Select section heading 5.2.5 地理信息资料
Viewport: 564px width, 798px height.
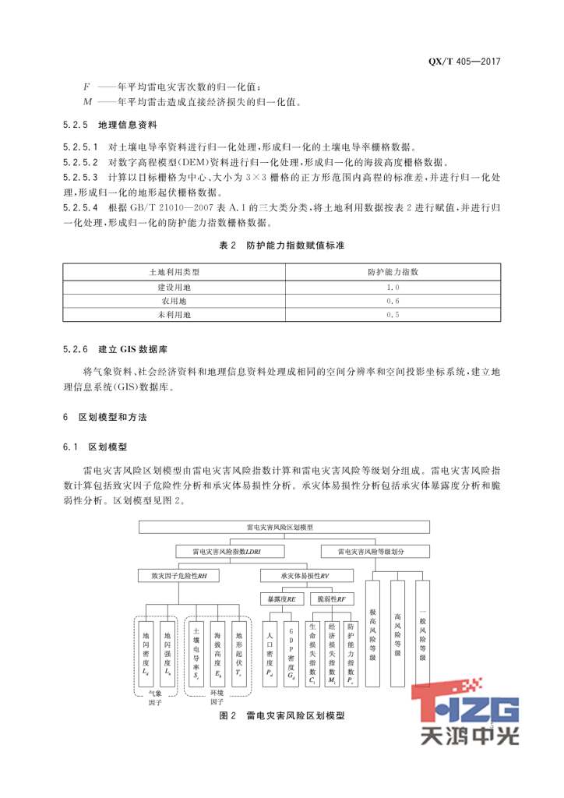[110, 125]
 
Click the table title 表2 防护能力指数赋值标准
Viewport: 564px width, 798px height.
[281, 245]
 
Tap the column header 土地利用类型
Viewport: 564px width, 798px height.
[174, 272]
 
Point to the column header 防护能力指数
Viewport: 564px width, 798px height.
[393, 272]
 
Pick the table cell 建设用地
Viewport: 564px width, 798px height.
[174, 287]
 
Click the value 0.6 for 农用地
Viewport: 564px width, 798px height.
[393, 301]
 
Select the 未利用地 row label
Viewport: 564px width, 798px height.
[174, 315]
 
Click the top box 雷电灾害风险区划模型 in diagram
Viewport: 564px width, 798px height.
[280, 528]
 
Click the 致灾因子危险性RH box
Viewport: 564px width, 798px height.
[180, 576]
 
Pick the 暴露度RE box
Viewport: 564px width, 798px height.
[280, 599]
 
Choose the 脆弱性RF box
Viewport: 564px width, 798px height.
[331, 599]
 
